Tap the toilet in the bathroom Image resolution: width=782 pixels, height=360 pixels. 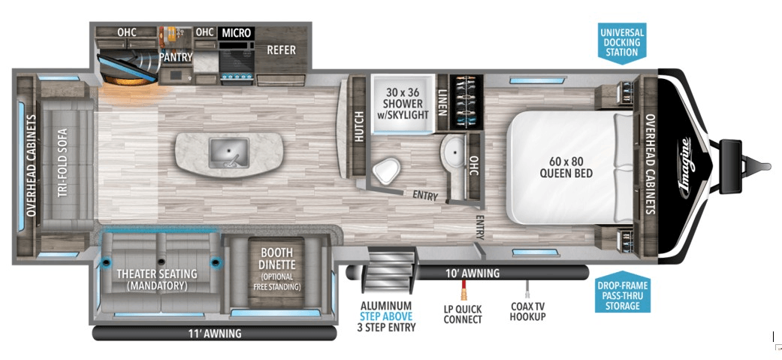pyautogui.click(x=386, y=171)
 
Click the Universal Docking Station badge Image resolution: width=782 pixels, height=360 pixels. pyautogui.click(x=621, y=42)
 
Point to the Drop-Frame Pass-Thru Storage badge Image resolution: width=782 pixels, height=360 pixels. pyautogui.click(x=622, y=295)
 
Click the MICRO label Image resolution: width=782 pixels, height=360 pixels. pyautogui.click(x=236, y=33)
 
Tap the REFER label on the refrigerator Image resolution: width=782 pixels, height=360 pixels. pyautogui.click(x=281, y=50)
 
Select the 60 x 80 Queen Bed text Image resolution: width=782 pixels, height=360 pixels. pyautogui.click(x=566, y=167)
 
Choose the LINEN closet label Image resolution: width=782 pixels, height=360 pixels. pyautogui.click(x=442, y=103)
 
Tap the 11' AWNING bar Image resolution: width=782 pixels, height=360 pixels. pyautogui.click(x=214, y=333)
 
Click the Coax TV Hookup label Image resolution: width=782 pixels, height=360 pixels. pyautogui.click(x=527, y=312)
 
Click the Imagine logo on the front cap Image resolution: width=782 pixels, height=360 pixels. pyautogui.click(x=687, y=165)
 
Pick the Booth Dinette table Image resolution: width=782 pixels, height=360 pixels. pyautogui.click(x=276, y=270)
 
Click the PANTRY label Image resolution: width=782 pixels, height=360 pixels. pyautogui.click(x=176, y=57)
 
